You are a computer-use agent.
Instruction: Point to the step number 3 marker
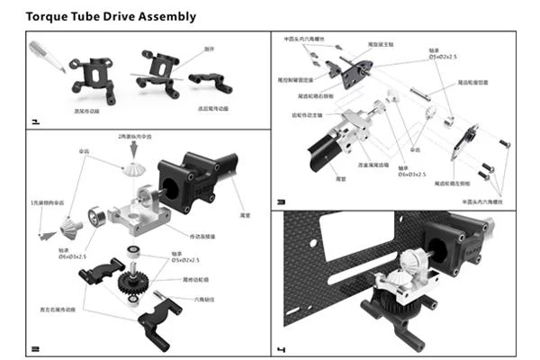(282, 202)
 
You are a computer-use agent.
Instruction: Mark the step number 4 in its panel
(282, 347)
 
